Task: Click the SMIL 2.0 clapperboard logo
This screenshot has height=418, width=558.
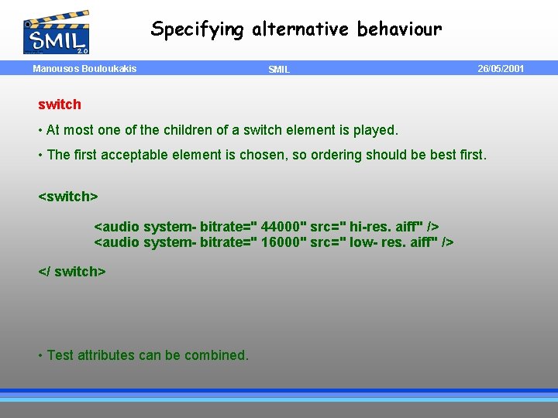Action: [57, 33]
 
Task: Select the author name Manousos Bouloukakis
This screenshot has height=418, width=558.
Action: [84, 69]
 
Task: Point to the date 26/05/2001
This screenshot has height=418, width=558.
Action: [501, 69]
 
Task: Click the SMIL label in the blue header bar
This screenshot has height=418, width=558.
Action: [279, 70]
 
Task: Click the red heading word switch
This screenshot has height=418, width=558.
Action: [60, 104]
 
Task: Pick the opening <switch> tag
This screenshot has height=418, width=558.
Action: [68, 197]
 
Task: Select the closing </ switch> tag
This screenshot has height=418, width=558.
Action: [72, 272]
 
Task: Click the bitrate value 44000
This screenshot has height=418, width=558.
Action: [283, 227]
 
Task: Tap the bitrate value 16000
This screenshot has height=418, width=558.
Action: [283, 242]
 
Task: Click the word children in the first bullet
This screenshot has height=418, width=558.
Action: [182, 130]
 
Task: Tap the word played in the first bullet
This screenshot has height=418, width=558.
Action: [374, 130]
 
